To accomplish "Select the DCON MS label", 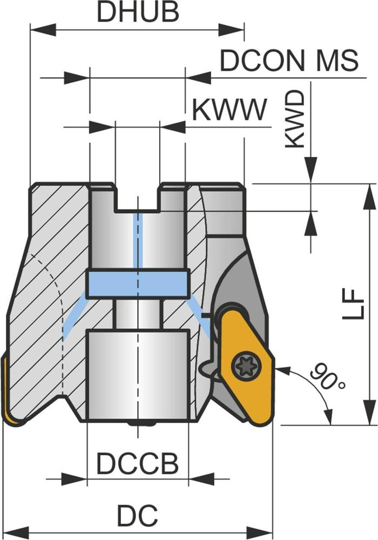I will [x=289, y=61].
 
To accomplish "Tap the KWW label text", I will [x=230, y=110].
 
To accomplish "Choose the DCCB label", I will [x=137, y=463].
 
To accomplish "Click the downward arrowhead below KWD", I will [x=311, y=172].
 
